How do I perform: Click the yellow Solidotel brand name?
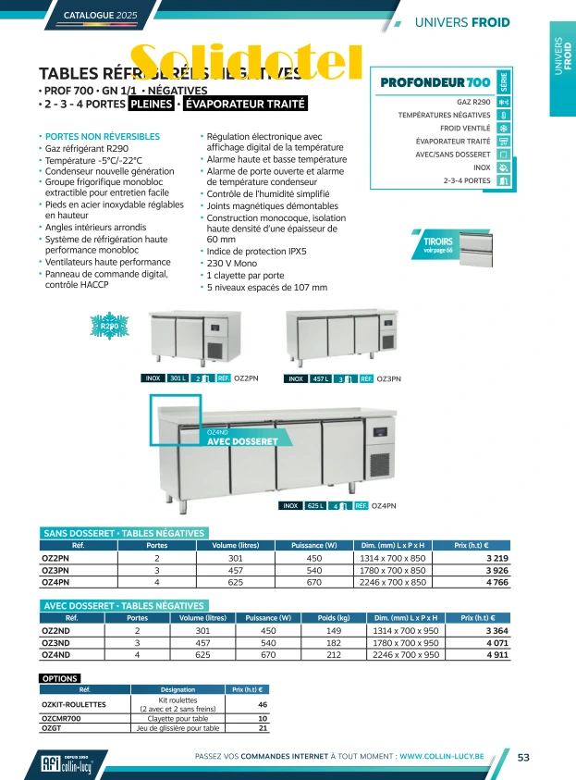coord(245,61)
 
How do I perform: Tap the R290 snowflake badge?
coord(110,327)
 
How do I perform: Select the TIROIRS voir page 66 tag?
coord(438,245)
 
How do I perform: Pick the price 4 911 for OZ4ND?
coord(497,655)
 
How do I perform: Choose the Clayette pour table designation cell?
coord(178,718)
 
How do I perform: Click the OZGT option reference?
coord(53,728)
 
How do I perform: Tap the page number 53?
coord(523,757)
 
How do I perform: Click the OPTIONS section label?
coord(60,678)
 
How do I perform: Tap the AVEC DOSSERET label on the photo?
coord(242,441)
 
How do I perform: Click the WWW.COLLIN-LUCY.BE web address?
coord(456,757)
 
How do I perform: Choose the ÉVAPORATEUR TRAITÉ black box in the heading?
coord(245,105)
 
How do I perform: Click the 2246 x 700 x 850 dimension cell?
coord(393,583)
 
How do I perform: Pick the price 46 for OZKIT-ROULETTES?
coord(262,704)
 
